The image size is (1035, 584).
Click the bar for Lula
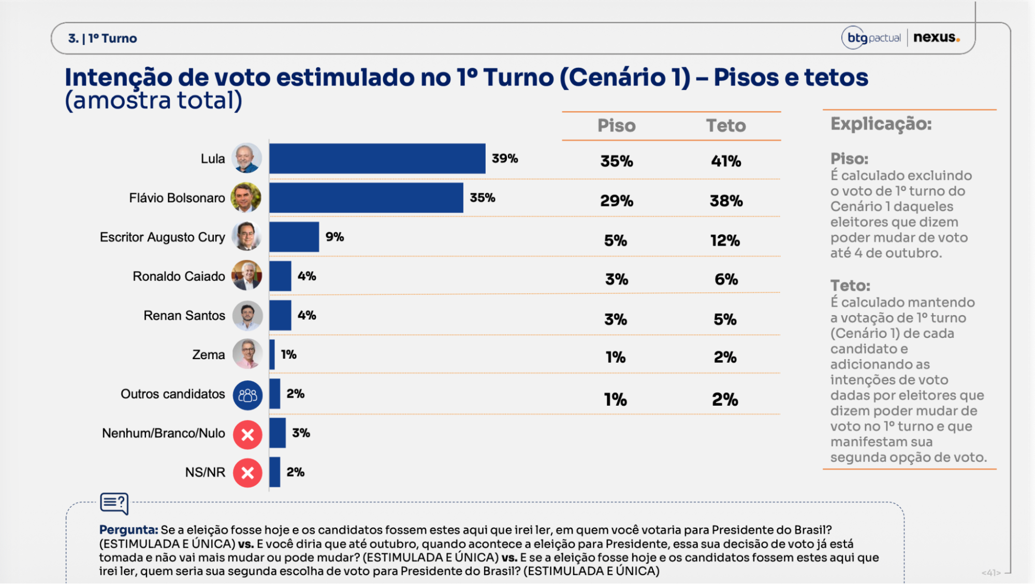pyautogui.click(x=377, y=159)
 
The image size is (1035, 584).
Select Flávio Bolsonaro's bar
pyautogui.click(x=366, y=198)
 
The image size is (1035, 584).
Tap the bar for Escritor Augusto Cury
pyautogui.click(x=294, y=237)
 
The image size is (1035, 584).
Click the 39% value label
pyautogui.click(x=505, y=159)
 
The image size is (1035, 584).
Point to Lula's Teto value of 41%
pyautogui.click(x=726, y=161)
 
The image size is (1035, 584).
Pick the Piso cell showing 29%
pyautogui.click(x=617, y=201)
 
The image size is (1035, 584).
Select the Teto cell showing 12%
pyautogui.click(x=725, y=240)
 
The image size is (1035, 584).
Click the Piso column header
pyautogui.click(x=617, y=125)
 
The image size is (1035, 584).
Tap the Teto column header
pyautogui.click(x=726, y=125)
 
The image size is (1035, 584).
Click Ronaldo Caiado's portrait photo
pyautogui.click(x=247, y=276)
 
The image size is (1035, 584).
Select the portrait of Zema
pyautogui.click(x=247, y=354)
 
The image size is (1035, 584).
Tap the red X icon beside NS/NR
pyautogui.click(x=247, y=473)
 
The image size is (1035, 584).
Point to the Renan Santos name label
pyautogui.click(x=184, y=316)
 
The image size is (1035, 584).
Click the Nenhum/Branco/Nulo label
pyautogui.click(x=164, y=433)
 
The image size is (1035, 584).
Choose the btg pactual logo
pyautogui.click(x=872, y=38)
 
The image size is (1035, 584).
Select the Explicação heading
pyautogui.click(x=881, y=124)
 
